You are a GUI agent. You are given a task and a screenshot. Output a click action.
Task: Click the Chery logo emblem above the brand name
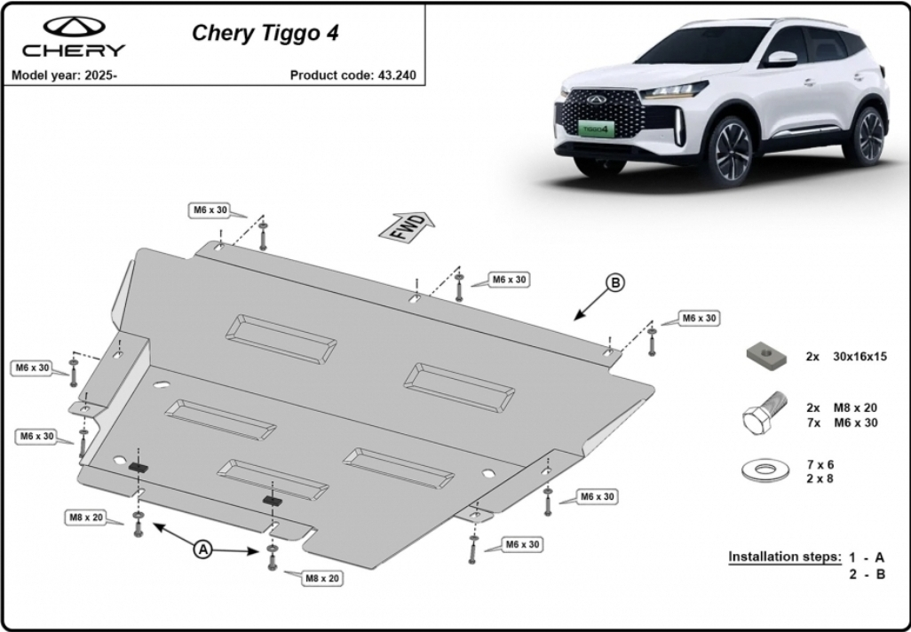click(x=74, y=27)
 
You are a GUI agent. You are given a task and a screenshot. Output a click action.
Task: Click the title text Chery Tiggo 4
click(x=265, y=33)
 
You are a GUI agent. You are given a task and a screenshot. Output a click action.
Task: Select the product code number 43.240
click(x=397, y=75)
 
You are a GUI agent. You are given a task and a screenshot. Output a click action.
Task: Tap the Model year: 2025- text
click(x=64, y=75)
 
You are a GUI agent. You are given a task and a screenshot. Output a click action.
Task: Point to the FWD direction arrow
click(x=407, y=226)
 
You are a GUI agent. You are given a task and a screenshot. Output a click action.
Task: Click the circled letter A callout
click(x=202, y=549)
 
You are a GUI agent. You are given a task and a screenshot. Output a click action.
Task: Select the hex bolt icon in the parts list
click(x=764, y=414)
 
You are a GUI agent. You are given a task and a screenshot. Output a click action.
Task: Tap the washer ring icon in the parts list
click(x=765, y=470)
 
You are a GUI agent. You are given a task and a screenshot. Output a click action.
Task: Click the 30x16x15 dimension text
click(x=860, y=357)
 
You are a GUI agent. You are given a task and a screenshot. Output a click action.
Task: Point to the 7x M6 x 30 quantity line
click(x=842, y=423)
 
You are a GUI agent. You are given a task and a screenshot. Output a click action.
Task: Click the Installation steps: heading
click(x=784, y=557)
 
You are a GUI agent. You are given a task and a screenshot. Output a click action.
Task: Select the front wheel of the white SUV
click(x=729, y=150)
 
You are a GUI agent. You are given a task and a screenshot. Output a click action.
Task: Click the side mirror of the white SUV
click(x=781, y=59)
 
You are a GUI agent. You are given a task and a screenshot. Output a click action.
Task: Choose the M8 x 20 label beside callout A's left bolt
click(x=86, y=517)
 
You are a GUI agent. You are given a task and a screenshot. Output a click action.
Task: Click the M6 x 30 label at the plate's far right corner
click(x=699, y=319)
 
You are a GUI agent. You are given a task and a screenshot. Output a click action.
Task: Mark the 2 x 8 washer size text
click(x=820, y=478)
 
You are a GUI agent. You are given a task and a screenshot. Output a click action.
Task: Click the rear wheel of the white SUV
click(x=867, y=136)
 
